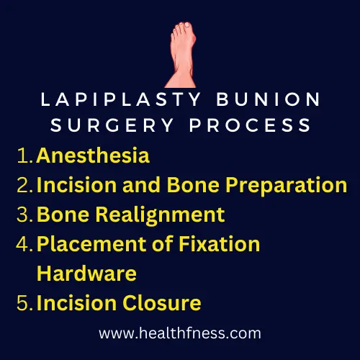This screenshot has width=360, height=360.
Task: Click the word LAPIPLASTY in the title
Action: click(121, 99)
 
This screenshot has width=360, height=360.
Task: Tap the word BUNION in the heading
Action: click(269, 99)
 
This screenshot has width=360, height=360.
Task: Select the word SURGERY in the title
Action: click(112, 125)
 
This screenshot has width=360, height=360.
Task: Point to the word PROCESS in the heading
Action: click(250, 125)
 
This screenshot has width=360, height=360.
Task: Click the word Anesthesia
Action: click(93, 156)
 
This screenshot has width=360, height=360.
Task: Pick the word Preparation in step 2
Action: click(287, 186)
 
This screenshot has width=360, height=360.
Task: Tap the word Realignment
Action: click(161, 215)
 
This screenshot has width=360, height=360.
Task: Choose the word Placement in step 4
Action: click(92, 244)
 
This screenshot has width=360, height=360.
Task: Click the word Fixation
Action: click(220, 244)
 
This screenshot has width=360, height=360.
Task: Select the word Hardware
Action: click(86, 274)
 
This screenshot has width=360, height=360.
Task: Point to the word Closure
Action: click(162, 303)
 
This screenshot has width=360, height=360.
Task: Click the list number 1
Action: click(24, 156)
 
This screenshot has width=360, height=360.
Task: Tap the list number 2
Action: click(24, 185)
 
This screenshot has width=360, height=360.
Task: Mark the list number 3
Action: click(24, 215)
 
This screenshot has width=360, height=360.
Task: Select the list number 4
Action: click(24, 244)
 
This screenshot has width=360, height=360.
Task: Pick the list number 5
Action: click(24, 303)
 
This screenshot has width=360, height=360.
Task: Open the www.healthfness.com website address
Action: click(180, 333)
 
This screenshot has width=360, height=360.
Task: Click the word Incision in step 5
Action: click(76, 303)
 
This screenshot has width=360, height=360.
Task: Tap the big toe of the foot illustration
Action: click(186, 25)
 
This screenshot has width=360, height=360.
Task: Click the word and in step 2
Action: click(141, 185)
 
